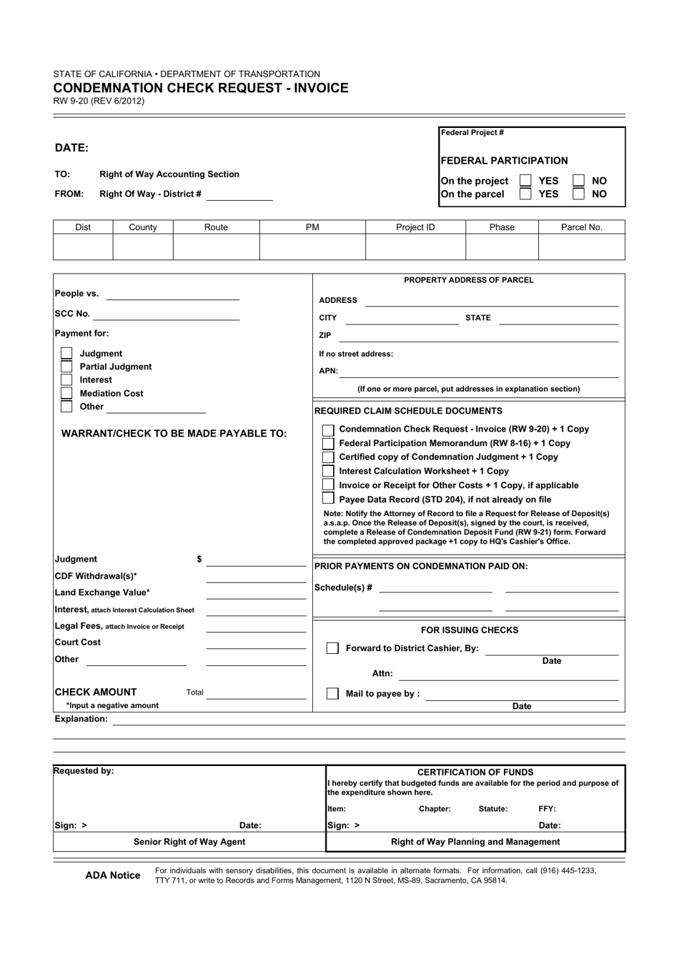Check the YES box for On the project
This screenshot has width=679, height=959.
pos(525,181)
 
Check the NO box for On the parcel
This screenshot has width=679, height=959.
pos(579,194)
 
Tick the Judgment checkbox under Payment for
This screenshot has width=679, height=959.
pos(66,353)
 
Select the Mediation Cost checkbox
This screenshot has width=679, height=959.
pos(66,393)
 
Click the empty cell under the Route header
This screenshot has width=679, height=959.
pos(216,247)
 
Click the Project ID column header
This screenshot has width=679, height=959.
pos(415,227)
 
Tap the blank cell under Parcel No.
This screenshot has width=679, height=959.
pos(581,247)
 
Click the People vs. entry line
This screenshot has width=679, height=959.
pos(172,294)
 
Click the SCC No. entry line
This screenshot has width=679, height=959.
pos(166,314)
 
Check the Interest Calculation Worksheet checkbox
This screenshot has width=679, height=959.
pos(328,471)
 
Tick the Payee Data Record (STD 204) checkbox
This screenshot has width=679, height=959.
pos(328,499)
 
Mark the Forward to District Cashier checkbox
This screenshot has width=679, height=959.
pos(332,648)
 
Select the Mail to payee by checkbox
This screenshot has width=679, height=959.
pos(332,693)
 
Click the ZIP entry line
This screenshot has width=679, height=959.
pos(478,336)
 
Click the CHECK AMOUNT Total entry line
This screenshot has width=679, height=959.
pos(256,693)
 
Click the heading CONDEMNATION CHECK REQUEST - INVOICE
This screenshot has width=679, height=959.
pos(201,88)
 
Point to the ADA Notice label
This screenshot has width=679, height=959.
pos(113,875)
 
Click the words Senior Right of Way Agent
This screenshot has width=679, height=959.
pos(189,842)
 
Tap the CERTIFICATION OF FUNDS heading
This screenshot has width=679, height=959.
pos(475,772)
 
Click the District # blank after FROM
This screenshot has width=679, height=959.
pos(239,194)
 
